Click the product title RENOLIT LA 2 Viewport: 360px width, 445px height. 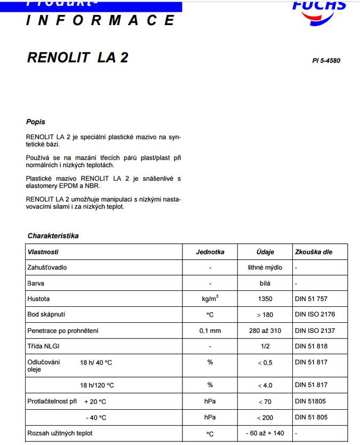click(77, 58)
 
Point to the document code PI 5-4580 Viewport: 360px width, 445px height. click(326, 60)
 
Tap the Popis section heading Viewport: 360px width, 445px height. click(36, 122)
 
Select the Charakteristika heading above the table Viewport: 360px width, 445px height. click(53, 235)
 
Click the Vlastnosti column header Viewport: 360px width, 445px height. click(43, 252)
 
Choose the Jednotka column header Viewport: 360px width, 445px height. click(210, 252)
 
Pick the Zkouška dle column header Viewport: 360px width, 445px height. click(314, 252)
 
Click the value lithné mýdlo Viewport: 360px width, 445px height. click(265, 267)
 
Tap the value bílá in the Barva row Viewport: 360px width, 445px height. click(265, 283)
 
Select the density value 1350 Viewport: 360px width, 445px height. click(265, 299)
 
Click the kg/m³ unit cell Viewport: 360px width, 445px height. click(210, 299)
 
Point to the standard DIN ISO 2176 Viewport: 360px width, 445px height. click(315, 315)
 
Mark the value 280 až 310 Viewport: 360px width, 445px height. click(265, 331)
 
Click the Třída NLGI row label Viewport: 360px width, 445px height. click(43, 346)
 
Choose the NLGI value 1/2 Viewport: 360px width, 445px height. click(265, 346)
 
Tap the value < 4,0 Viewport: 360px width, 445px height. click(265, 385)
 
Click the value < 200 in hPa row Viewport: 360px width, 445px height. click(265, 418)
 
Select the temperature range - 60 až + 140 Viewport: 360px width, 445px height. click(265, 434)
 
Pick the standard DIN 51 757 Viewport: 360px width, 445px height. click(311, 299)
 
